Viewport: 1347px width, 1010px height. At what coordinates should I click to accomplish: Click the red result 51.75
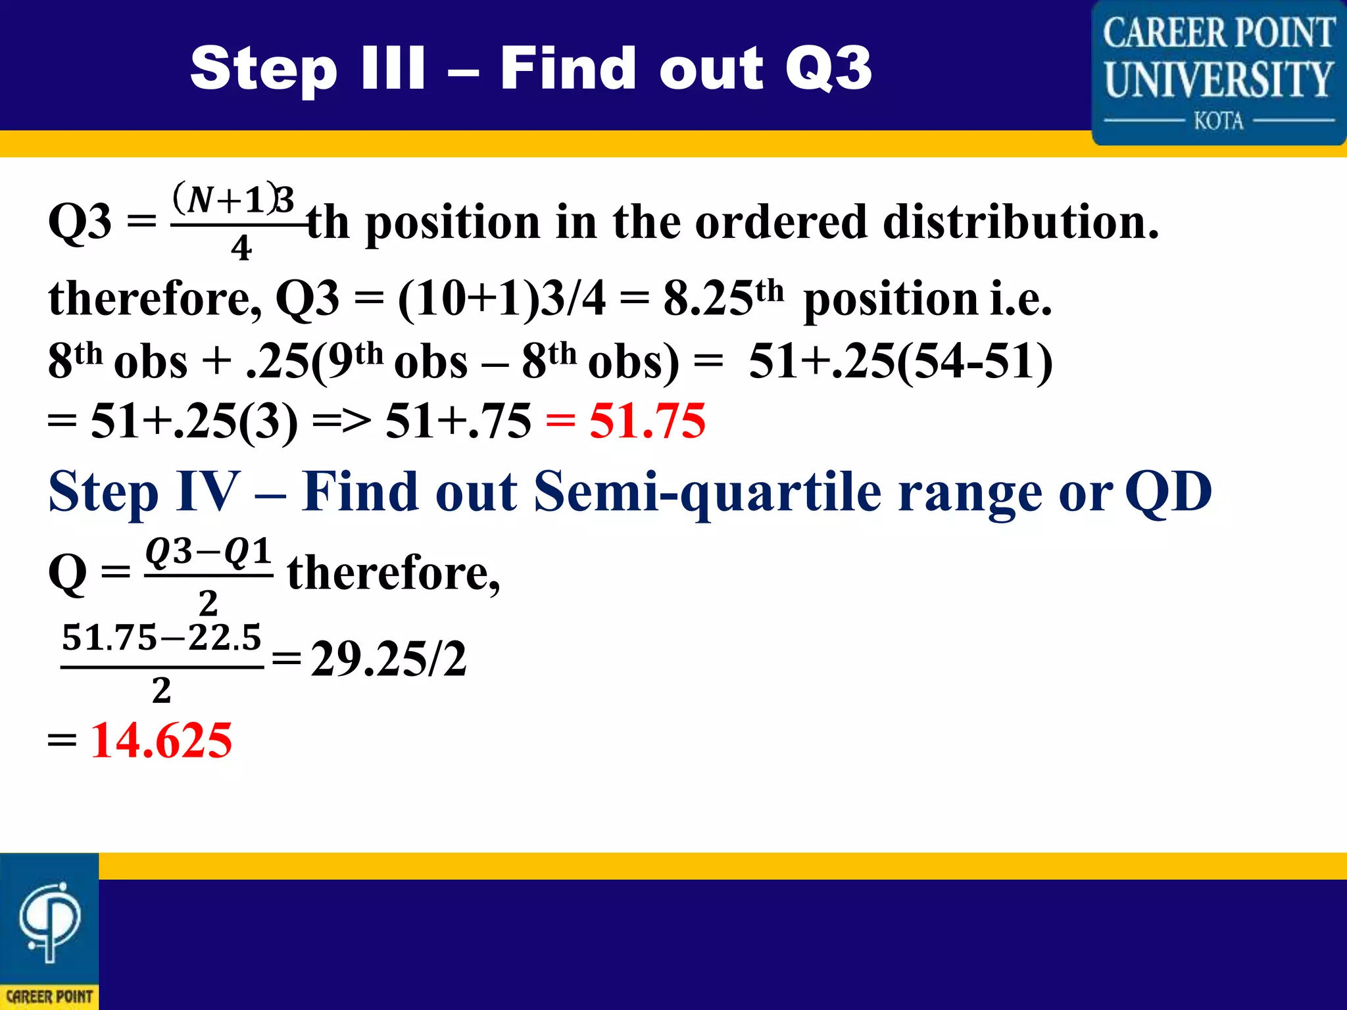click(x=647, y=421)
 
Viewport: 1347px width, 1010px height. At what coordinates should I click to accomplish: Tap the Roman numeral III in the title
click(x=393, y=68)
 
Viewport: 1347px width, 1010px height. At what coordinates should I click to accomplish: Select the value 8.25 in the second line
click(x=708, y=299)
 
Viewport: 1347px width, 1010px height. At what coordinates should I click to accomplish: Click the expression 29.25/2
click(x=389, y=660)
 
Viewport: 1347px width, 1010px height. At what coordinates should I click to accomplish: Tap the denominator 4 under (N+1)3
click(x=241, y=249)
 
